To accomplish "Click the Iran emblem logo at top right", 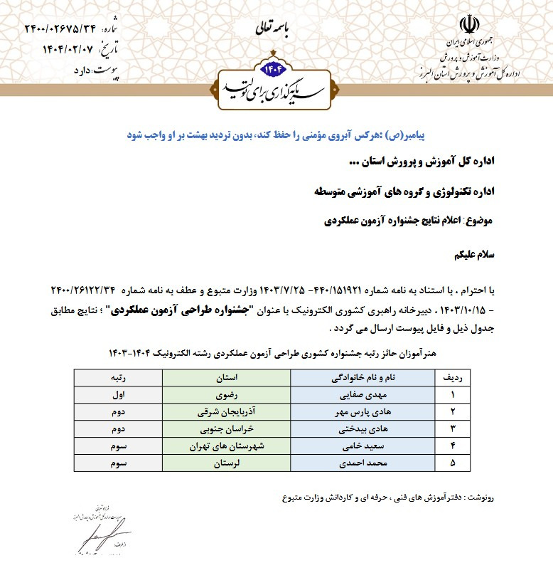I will point(467,23).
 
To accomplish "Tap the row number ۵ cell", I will point(452,463).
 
